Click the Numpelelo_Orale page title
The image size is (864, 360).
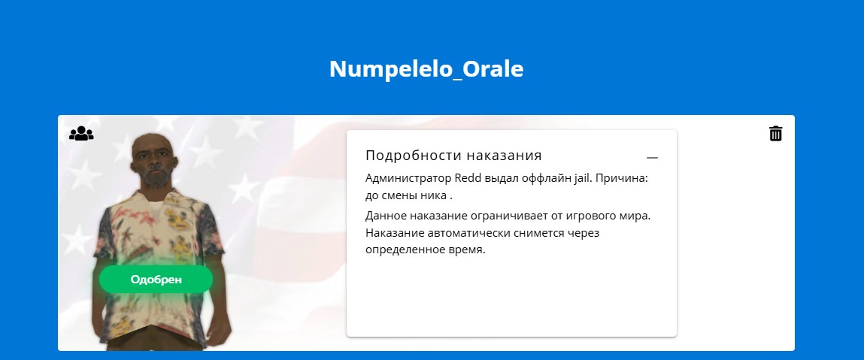(426, 69)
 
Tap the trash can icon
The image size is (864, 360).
(775, 133)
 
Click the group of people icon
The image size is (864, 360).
(81, 133)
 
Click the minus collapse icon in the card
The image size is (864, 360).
(653, 158)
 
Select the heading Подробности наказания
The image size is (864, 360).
(453, 156)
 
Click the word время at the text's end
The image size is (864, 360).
(467, 250)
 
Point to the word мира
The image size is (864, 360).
(636, 216)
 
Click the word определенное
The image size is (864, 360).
(405, 250)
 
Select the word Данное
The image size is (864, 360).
(383, 216)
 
